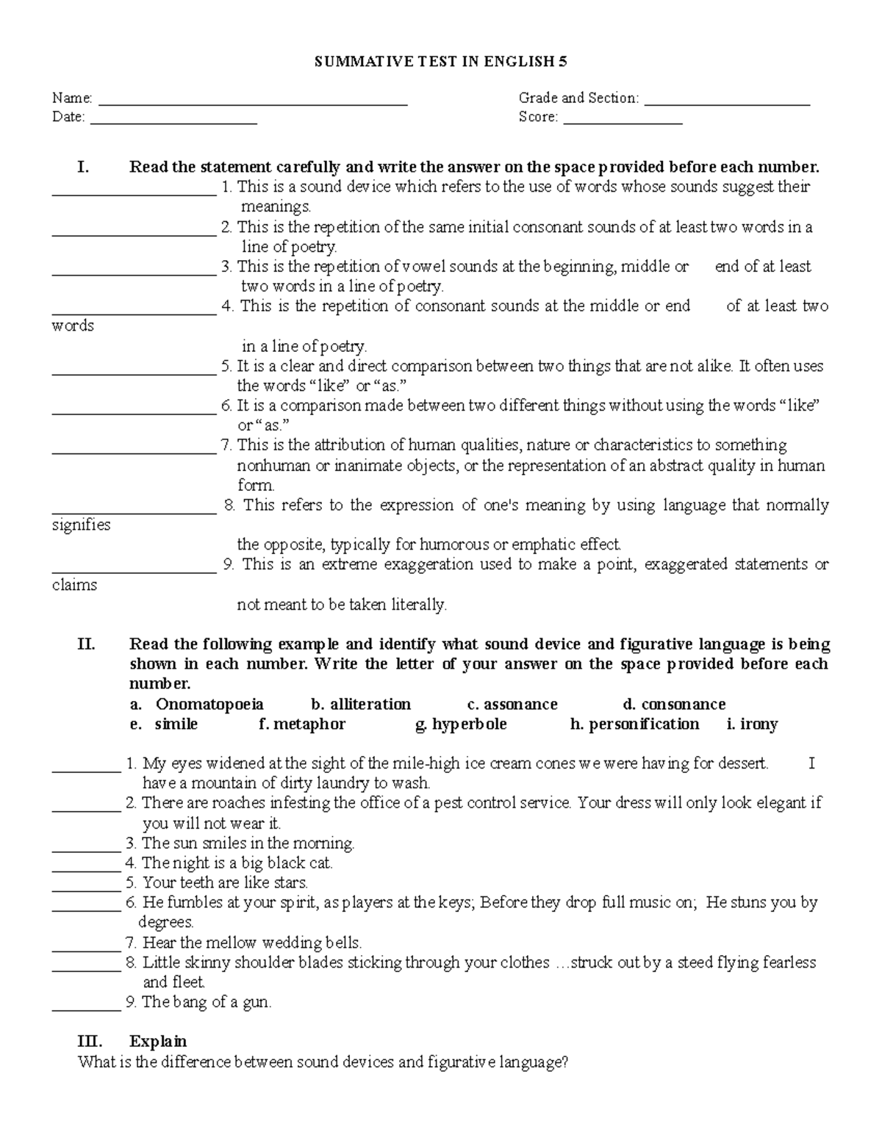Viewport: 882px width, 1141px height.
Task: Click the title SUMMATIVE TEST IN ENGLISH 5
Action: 440,62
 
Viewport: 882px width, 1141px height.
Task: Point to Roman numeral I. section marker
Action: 82,167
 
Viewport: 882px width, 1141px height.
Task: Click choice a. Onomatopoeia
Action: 196,705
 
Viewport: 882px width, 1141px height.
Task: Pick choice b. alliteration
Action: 360,705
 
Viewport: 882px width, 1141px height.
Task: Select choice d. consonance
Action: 673,705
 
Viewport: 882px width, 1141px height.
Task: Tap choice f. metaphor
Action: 302,724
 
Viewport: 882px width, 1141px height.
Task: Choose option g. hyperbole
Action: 461,724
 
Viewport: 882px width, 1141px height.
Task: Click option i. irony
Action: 752,724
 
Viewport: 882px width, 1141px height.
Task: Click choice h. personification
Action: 634,724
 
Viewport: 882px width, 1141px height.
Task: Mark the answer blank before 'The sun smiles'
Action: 86,849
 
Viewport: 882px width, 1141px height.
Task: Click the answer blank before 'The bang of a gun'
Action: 86,1008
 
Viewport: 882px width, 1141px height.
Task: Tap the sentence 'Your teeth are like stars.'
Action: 225,882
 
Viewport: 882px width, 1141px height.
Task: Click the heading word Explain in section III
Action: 158,1042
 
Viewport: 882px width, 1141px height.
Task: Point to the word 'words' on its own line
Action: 73,325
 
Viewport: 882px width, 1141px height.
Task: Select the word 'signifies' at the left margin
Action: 81,525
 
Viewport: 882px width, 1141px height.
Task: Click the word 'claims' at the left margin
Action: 74,586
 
